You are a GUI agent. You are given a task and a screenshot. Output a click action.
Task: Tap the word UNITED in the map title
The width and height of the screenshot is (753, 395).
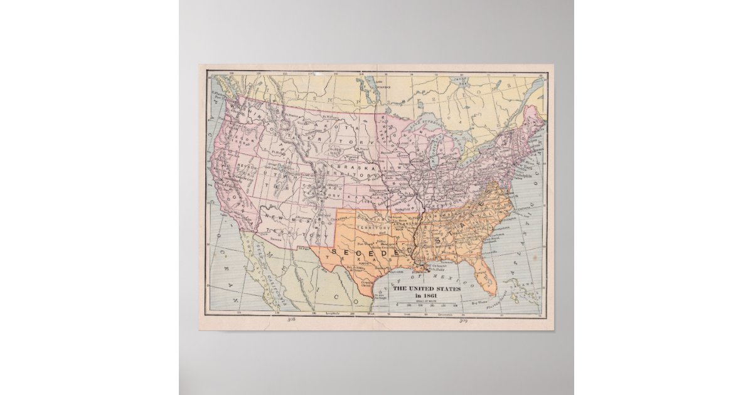(x=427, y=288)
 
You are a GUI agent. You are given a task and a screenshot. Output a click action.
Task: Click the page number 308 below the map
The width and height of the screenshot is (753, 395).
(x=291, y=320)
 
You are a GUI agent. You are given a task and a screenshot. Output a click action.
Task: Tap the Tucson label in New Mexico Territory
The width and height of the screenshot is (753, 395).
(x=276, y=239)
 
